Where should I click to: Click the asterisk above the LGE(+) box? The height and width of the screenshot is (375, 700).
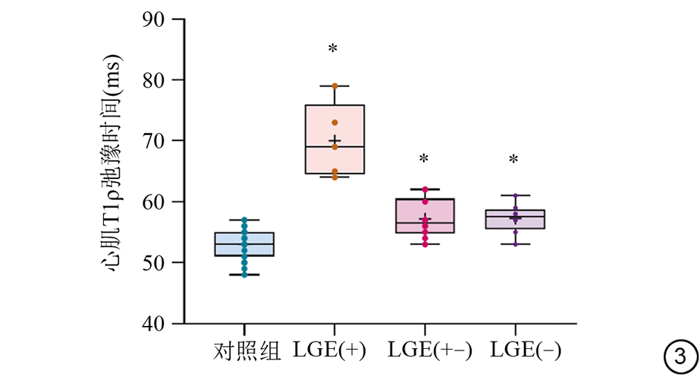333,50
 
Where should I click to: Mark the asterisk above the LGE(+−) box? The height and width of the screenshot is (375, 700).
424,160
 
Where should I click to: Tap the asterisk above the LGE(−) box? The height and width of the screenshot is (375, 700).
513,160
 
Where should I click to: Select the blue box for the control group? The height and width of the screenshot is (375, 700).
244,244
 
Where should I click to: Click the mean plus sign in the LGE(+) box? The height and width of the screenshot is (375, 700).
335,140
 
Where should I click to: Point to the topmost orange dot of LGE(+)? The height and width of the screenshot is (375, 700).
335,86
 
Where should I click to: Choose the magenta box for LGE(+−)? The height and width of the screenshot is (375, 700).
425,215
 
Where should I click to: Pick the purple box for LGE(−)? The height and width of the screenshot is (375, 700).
515,219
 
